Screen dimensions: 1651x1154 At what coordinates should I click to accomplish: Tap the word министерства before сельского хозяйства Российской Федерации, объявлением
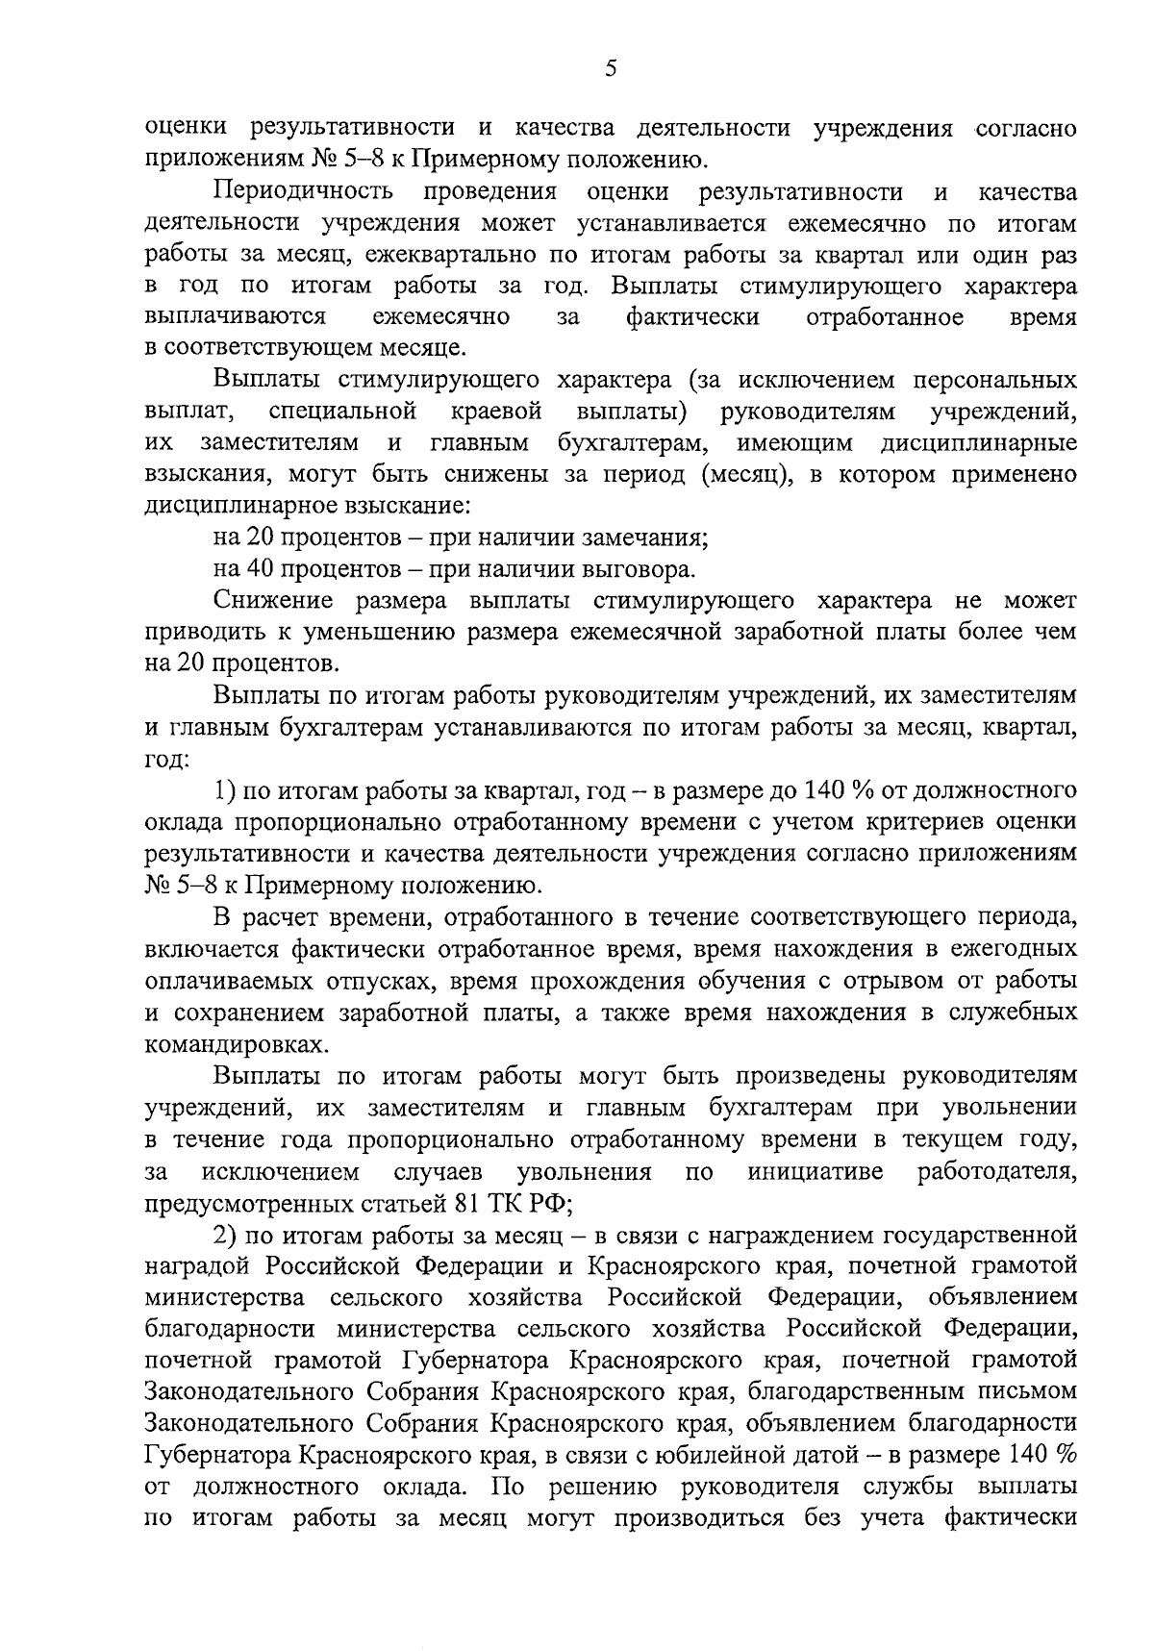pyautogui.click(x=224, y=1298)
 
